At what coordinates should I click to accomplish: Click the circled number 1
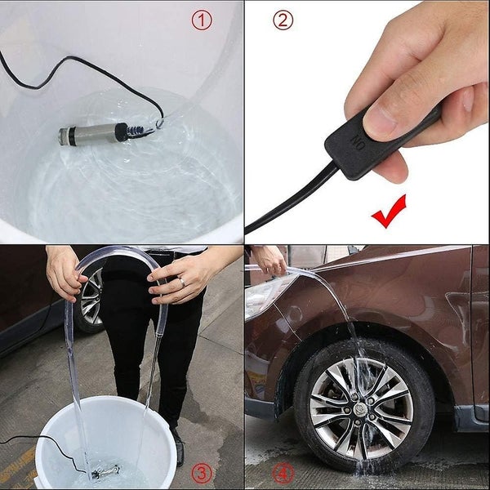201,20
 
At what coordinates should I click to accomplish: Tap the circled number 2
283,20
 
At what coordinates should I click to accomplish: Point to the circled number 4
283,473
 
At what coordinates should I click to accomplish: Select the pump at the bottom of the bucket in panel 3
106,470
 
